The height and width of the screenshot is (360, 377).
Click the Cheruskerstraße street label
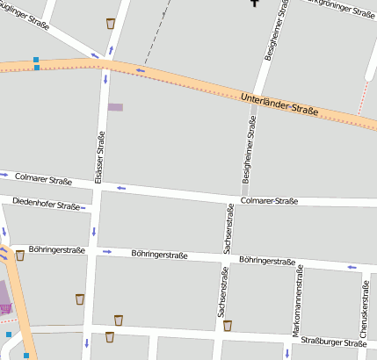(365, 303)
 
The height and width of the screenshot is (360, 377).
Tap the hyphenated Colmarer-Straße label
(269, 201)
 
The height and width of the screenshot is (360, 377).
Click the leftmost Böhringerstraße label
(56, 249)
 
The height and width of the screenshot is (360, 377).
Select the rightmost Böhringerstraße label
(267, 260)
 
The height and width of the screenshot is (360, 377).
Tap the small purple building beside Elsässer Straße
(115, 107)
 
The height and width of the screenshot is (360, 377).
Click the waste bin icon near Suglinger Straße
(110, 23)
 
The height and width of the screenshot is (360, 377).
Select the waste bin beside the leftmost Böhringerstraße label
(19, 256)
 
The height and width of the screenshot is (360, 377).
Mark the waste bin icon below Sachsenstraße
(228, 326)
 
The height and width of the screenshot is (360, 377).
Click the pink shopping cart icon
(5, 308)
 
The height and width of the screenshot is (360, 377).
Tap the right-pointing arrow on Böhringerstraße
(107, 251)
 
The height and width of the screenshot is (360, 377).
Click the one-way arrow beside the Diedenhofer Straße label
(84, 208)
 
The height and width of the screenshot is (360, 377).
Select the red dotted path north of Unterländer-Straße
(362, 100)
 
